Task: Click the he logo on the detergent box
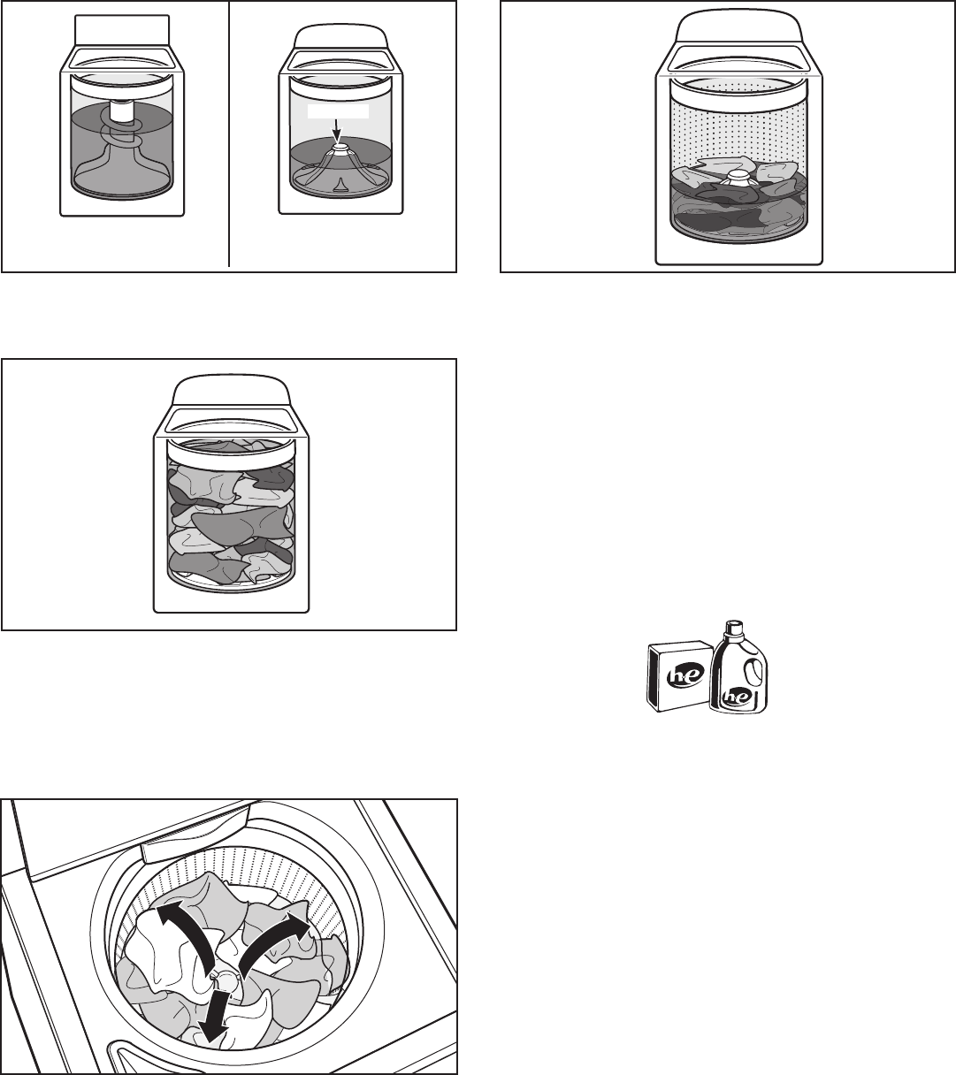[x=685, y=675]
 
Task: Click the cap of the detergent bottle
[x=732, y=627]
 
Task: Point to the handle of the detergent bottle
[x=753, y=672]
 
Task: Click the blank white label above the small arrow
[x=338, y=111]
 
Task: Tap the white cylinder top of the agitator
[x=122, y=110]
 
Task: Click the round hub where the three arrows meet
[x=227, y=980]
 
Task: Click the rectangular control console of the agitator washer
[x=122, y=30]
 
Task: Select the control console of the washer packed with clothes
[x=232, y=392]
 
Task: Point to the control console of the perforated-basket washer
[x=739, y=28]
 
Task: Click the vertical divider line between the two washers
[x=229, y=133]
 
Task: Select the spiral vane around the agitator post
[x=121, y=133]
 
